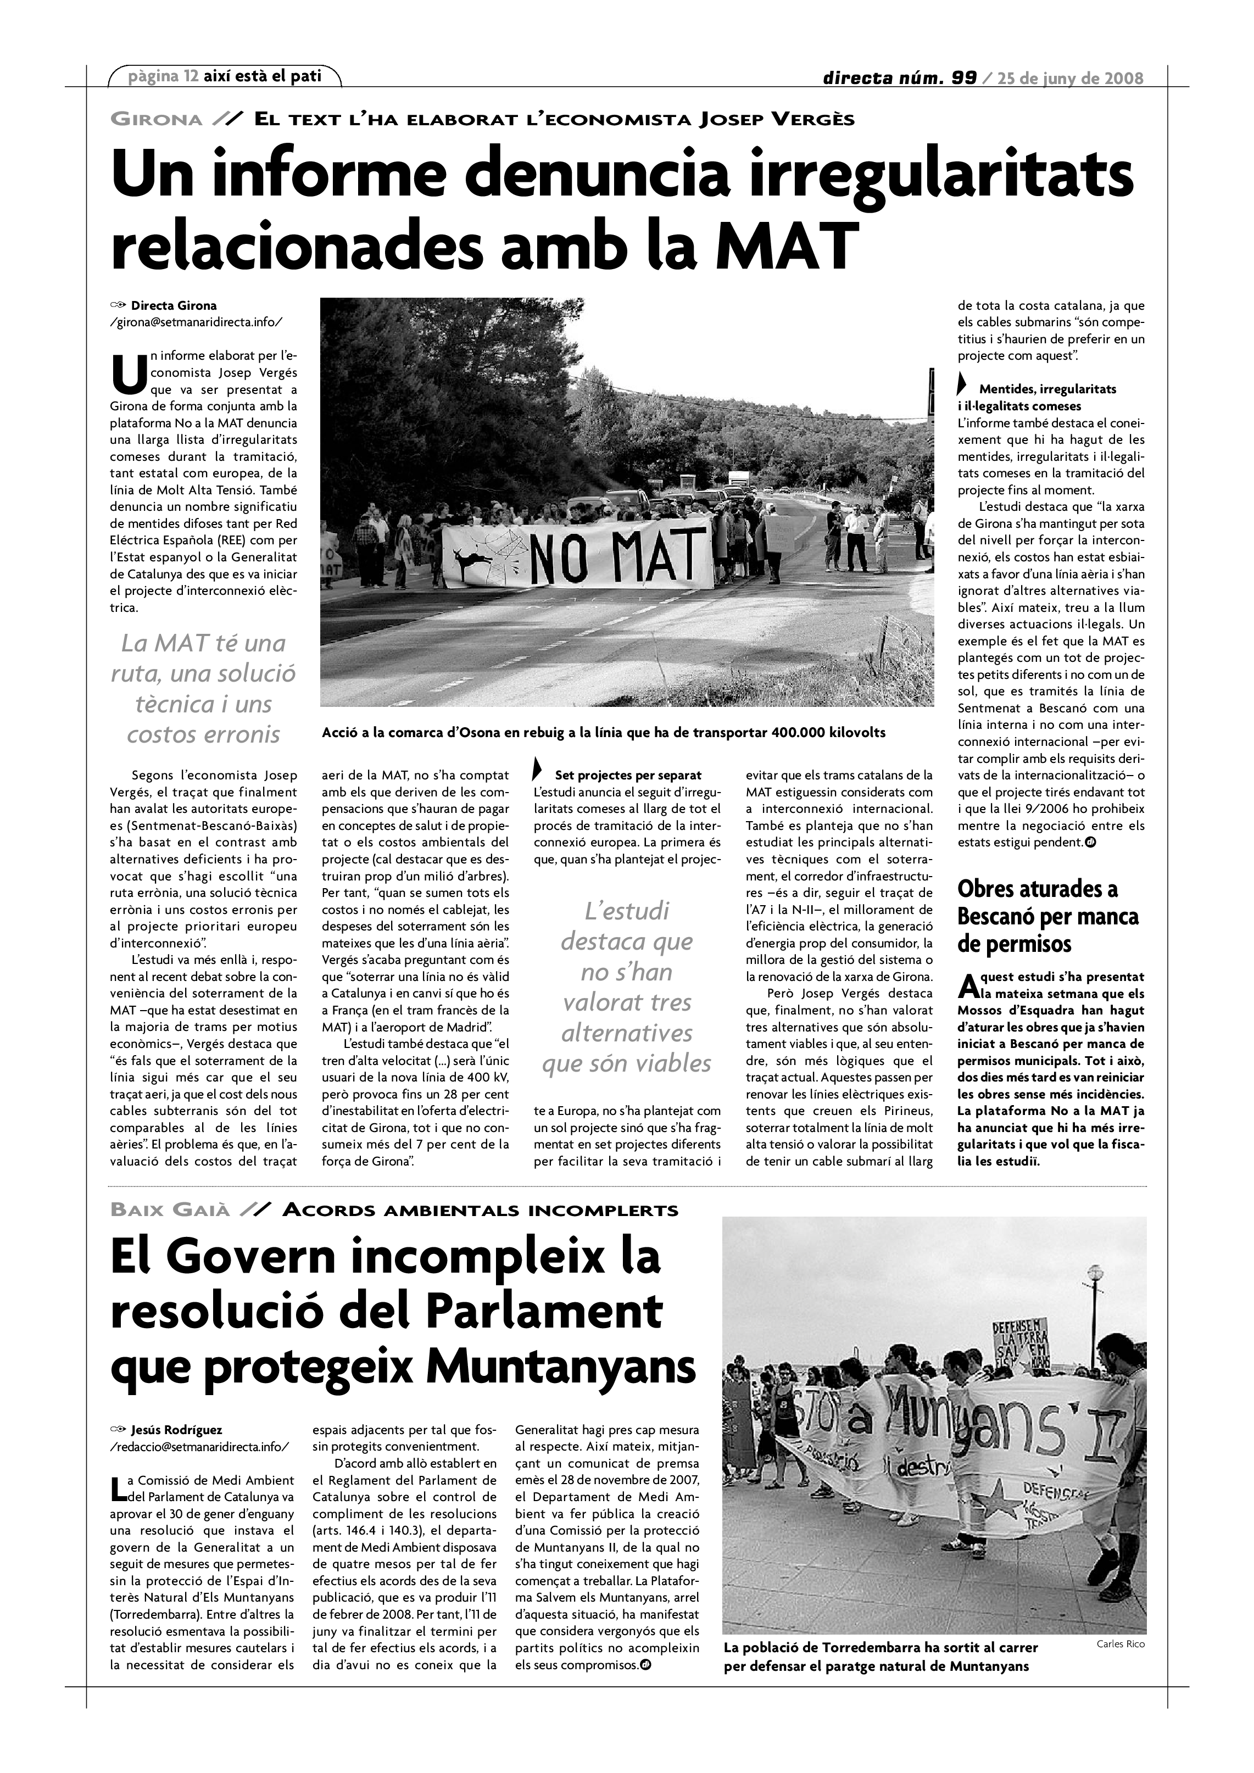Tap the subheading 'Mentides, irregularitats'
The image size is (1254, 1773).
[1047, 389]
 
